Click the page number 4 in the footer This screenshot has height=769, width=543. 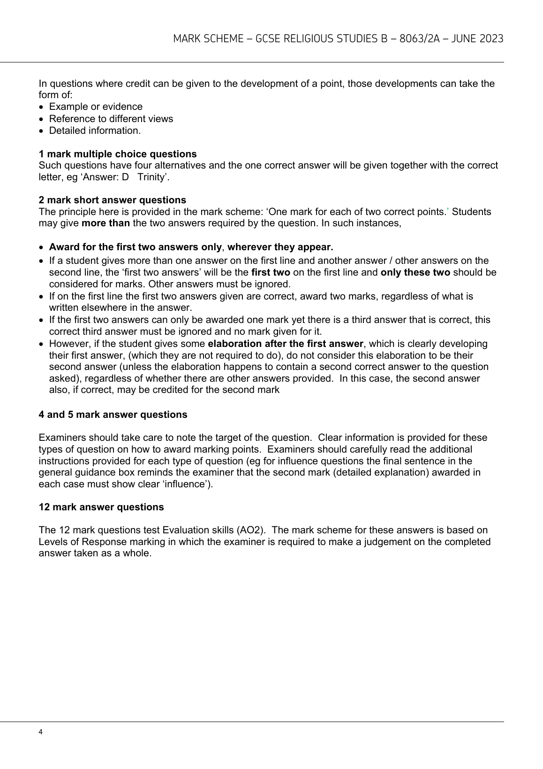tap(41, 732)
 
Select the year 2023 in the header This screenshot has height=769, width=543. tap(491, 39)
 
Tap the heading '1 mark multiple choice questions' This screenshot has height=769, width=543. tap(118, 154)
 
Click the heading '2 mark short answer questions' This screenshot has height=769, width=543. tap(112, 200)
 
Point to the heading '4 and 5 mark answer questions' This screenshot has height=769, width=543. tap(113, 415)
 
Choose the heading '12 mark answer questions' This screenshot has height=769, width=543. tap(101, 507)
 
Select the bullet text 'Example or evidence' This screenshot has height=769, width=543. tap(96, 107)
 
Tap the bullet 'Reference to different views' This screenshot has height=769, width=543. tap(111, 119)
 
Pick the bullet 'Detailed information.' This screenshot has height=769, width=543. tap(95, 131)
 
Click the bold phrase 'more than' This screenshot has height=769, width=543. tap(106, 223)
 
